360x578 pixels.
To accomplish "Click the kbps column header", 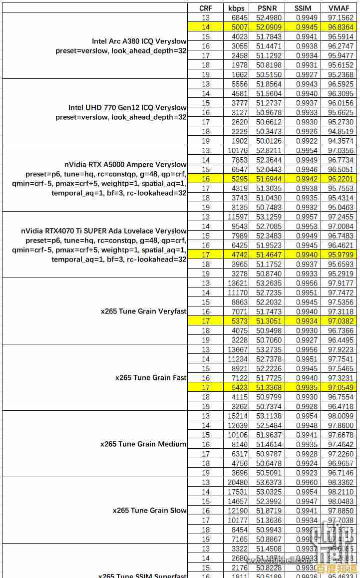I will [x=236, y=8].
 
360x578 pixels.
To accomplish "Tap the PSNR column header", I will [x=269, y=8].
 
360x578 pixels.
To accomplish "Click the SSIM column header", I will [x=303, y=8].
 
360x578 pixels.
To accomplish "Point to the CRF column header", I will [x=205, y=8].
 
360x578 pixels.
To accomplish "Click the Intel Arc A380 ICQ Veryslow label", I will [x=139, y=41].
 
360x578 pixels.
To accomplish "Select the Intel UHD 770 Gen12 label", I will [x=127, y=107].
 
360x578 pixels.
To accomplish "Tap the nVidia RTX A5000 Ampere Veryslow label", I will [x=125, y=164].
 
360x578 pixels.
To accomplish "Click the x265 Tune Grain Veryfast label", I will [x=143, y=311].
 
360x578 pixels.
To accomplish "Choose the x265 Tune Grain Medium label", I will [x=143, y=444].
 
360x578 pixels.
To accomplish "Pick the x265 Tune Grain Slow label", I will [x=149, y=510].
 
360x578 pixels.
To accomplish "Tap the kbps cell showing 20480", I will [x=237, y=482].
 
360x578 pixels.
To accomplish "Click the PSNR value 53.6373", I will [x=269, y=482].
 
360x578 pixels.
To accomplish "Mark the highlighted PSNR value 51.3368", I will [x=269, y=387].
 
